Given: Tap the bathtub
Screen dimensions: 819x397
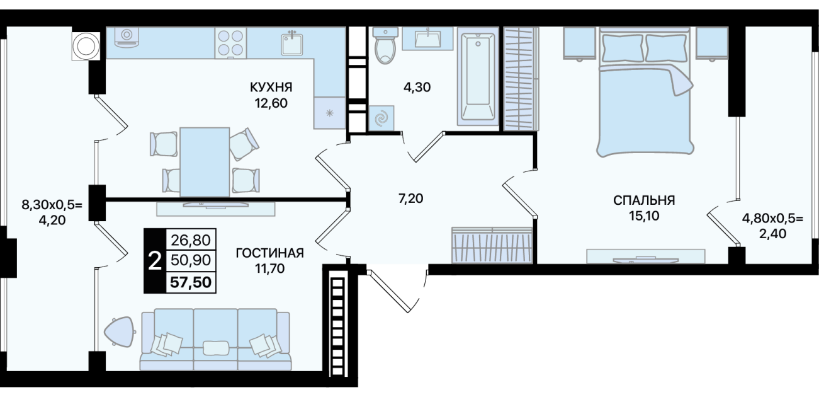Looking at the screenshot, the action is coord(478,79).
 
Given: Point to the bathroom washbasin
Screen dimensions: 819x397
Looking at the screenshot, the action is coord(427,38).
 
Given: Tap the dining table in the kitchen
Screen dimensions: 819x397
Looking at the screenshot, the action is coord(205,161).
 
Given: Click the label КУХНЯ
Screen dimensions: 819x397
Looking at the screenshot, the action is coord(271,87).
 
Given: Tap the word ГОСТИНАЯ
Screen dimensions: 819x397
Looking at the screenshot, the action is coord(270,253).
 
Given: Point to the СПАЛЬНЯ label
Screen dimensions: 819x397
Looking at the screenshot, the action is coord(644,200).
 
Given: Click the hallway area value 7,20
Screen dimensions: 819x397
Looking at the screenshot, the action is coord(410,198).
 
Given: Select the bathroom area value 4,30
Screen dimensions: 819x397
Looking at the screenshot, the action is coord(417,87).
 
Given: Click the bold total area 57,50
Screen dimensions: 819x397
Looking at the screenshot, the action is coord(191,282).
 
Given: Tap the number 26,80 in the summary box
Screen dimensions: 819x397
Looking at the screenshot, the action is coord(191,240).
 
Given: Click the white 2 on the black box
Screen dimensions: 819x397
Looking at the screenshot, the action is coord(155,262).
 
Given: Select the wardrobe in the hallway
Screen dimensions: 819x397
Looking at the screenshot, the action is coord(492,245).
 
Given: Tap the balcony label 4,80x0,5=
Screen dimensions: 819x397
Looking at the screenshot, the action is coord(772,219).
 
